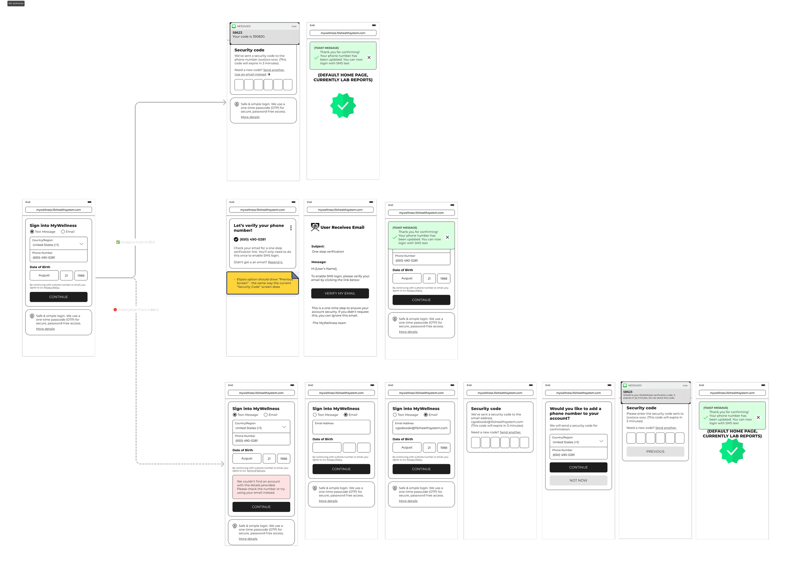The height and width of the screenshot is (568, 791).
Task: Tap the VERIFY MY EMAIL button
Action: click(340, 293)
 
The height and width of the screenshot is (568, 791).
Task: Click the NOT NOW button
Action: click(578, 480)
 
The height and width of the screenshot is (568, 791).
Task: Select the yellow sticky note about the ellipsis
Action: click(262, 283)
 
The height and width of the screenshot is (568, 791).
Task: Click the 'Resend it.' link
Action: click(275, 262)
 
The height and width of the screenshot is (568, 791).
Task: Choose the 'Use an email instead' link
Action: click(250, 74)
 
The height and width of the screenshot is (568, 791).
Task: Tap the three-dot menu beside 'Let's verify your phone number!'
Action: click(291, 228)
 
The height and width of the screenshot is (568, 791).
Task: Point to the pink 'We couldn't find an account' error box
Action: click(261, 487)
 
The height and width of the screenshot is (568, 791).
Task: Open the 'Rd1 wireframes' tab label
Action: click(16, 3)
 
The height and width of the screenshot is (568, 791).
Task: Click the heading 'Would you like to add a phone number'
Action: click(575, 413)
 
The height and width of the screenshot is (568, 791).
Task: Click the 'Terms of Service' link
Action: click(256, 471)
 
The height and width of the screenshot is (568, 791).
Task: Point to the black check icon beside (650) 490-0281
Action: click(236, 239)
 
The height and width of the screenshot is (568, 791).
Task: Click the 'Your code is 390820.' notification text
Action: click(249, 37)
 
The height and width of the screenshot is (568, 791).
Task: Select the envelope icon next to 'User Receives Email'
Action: click(315, 227)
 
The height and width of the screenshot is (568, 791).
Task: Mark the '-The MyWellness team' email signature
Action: click(328, 323)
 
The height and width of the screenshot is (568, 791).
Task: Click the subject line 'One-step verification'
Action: click(327, 252)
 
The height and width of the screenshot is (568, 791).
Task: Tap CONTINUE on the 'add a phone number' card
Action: click(578, 467)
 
